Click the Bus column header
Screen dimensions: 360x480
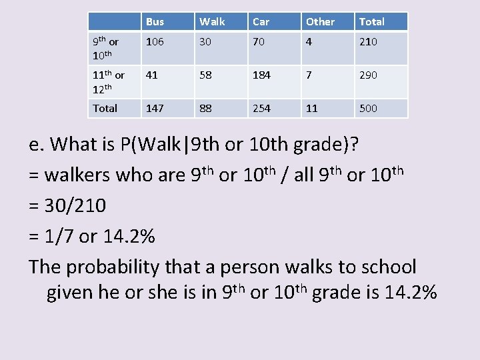tap(155, 22)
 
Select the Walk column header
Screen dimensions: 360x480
tap(212, 22)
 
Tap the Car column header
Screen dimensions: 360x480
tap(261, 22)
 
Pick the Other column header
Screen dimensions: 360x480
tap(320, 22)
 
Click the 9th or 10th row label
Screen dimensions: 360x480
tap(105, 48)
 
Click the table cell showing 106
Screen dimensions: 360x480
tap(155, 42)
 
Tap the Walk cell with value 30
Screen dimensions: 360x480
tap(205, 42)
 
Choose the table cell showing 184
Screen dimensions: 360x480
tap(261, 75)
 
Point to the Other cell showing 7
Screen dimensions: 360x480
tap(309, 75)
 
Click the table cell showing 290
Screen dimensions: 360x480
tap(368, 75)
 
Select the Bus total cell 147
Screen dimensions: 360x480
tap(155, 108)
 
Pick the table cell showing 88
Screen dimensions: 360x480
tap(205, 108)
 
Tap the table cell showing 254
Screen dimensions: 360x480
tap(261, 108)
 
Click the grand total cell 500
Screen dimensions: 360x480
tap(368, 108)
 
